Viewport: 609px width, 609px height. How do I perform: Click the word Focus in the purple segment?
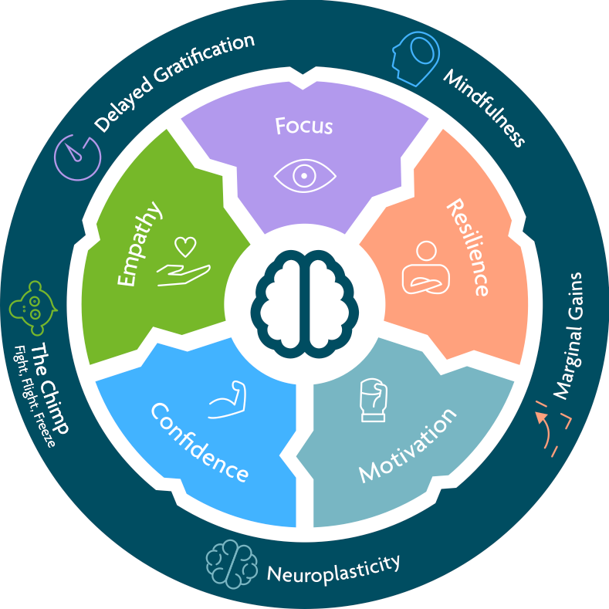[304, 125]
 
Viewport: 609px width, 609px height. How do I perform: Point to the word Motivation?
[408, 445]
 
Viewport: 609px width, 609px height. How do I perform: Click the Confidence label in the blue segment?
[199, 442]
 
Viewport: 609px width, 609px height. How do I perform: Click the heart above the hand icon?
[184, 247]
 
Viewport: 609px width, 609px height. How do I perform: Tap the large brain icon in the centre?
[304, 303]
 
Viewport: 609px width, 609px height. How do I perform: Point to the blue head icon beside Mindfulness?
[414, 56]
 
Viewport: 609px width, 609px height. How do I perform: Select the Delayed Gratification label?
[174, 81]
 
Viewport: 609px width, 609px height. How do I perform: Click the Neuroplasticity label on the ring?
[333, 568]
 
